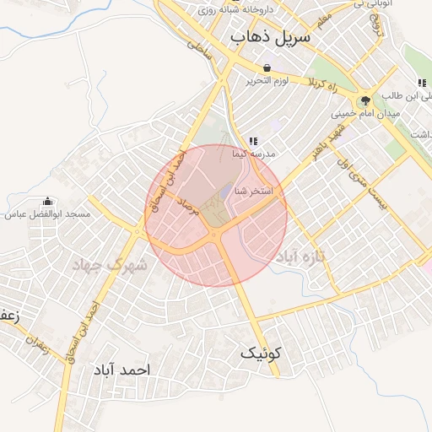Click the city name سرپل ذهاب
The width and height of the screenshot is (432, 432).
[270, 37]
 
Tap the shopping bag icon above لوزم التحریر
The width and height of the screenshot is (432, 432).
[267, 67]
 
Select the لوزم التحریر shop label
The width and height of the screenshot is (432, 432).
[267, 81]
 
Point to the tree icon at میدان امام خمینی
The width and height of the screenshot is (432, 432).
[365, 100]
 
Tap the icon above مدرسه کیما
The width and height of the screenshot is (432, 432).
[252, 141]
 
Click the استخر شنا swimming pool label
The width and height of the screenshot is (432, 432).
[253, 192]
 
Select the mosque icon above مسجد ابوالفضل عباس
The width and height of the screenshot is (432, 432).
[46, 202]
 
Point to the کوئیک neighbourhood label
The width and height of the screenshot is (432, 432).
[258, 353]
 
